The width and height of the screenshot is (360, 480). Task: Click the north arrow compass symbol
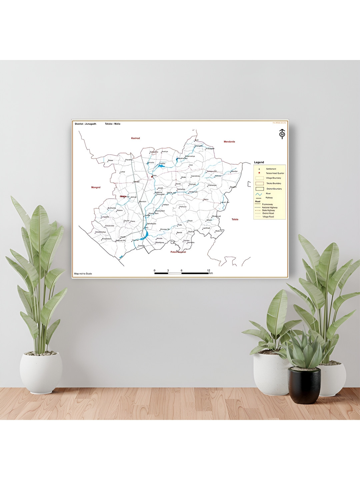pos(282,134)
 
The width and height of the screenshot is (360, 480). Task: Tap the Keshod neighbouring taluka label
pos(135,138)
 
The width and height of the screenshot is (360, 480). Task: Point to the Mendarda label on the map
pos(229,142)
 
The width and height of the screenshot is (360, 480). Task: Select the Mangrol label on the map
pos(96,187)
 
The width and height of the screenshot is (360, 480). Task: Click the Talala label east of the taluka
pos(235,219)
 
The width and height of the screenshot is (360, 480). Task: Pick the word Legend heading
pos(259,162)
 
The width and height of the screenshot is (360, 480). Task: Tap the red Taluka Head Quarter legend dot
pos(259,173)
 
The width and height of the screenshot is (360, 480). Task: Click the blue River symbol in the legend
pos(259,194)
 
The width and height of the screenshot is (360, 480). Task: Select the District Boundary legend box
pos(259,189)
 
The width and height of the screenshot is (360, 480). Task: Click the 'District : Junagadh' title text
pos(86,124)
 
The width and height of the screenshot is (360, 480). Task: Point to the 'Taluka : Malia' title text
pos(113,124)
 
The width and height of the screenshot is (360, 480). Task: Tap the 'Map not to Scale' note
pos(83,274)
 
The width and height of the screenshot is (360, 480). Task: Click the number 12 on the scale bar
pos(208,270)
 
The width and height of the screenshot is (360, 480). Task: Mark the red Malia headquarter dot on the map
pos(152,177)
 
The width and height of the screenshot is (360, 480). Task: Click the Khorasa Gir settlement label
pos(165,229)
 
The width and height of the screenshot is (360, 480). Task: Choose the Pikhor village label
pos(110,160)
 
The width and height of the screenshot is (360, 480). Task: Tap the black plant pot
pos(304,385)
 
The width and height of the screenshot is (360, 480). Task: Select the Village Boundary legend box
pos(259,178)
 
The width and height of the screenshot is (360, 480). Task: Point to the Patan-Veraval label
pos(178,252)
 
